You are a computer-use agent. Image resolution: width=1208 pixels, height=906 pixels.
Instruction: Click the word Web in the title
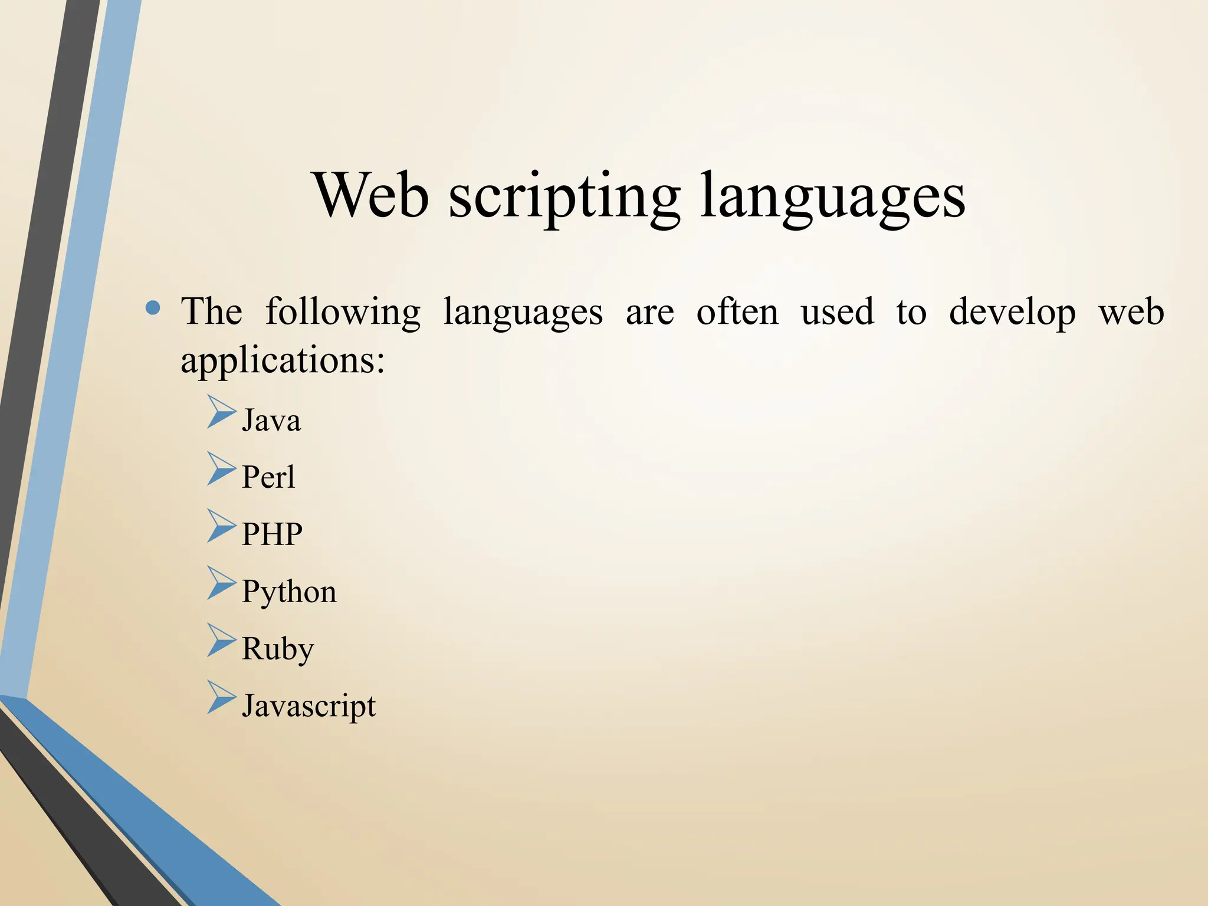click(x=372, y=195)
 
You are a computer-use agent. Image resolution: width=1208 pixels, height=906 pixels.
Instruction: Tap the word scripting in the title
click(x=564, y=198)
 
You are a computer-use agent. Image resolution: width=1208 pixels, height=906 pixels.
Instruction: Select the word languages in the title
click(x=833, y=198)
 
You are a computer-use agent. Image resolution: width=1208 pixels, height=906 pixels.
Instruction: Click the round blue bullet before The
click(x=153, y=308)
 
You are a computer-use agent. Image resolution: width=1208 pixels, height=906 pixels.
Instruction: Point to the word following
click(x=343, y=313)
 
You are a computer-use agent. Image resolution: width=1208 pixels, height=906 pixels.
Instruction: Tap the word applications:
click(x=283, y=361)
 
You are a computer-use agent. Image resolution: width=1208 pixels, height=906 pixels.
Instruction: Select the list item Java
click(x=271, y=421)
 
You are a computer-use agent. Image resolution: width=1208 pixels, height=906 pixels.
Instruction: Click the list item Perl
click(x=268, y=477)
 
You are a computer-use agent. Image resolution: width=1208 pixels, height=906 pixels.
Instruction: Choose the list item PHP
click(x=272, y=534)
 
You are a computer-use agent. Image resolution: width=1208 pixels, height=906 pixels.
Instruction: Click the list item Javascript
click(x=308, y=706)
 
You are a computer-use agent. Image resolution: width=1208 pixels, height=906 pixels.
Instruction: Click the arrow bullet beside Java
click(x=221, y=412)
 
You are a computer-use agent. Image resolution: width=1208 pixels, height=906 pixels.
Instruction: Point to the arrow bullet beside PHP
click(x=221, y=526)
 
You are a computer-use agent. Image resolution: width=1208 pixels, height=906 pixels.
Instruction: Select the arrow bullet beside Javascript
click(x=221, y=698)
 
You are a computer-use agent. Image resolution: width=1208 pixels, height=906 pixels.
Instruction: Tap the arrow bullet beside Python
click(x=221, y=583)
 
